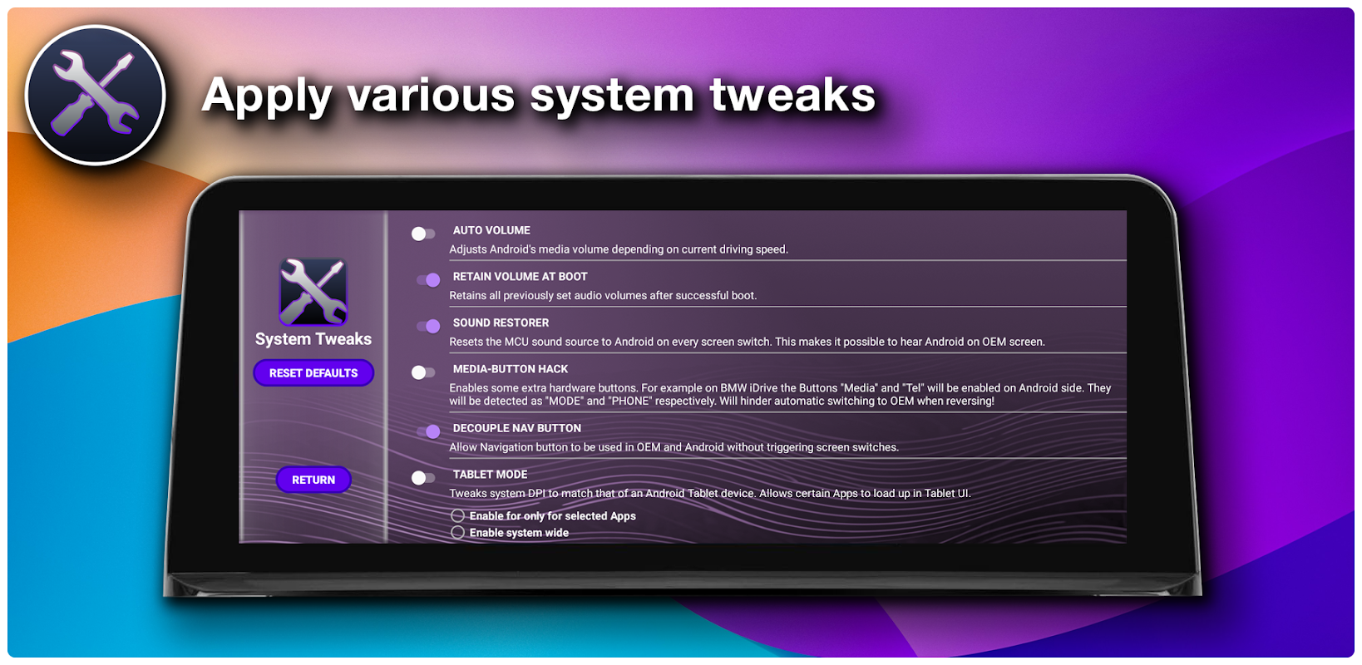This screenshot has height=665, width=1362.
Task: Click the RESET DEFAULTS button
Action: pos(313,372)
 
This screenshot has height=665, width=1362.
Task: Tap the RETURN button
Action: pos(313,480)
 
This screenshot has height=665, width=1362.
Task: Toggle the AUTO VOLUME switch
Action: pos(423,234)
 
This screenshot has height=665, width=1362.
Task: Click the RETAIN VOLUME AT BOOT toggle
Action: pos(428,279)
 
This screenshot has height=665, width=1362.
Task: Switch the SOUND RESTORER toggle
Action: pos(428,326)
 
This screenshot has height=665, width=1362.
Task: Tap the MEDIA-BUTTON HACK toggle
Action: pos(423,372)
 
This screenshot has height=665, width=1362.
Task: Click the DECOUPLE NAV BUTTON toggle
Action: pos(428,431)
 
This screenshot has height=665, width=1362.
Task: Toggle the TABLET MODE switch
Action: pos(423,478)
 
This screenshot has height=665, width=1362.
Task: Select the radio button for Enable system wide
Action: pos(458,533)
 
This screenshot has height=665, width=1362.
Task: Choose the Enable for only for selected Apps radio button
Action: pos(458,515)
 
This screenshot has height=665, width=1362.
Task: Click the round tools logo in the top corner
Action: pos(96,95)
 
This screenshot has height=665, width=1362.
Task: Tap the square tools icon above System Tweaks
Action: pos(313,292)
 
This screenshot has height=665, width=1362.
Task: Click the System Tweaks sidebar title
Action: pos(313,338)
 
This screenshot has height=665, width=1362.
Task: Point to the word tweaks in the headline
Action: pos(792,95)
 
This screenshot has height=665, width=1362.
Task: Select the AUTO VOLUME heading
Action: pos(491,230)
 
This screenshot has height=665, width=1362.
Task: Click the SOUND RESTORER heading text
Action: pos(501,323)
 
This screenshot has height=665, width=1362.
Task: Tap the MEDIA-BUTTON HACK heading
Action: pos(511,369)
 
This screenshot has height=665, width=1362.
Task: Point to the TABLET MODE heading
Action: pos(490,474)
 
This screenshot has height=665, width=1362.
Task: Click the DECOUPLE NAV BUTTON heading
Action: pos(517,428)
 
